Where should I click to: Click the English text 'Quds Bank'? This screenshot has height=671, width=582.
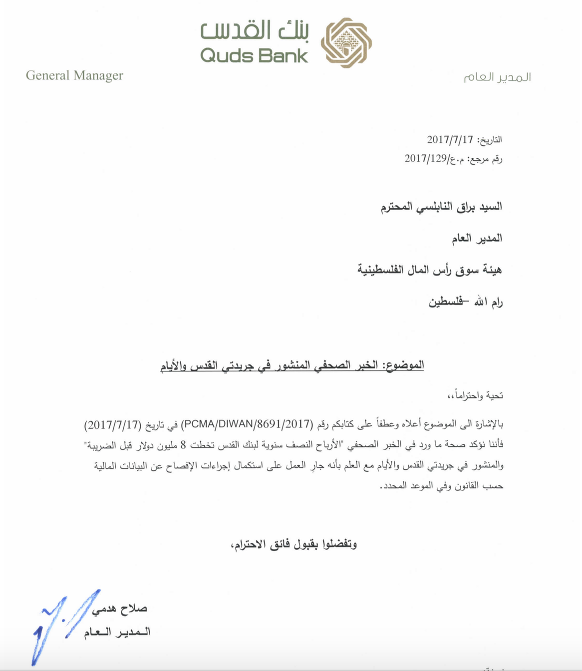(254, 55)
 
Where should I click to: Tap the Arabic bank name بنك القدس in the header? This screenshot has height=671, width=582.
(255, 31)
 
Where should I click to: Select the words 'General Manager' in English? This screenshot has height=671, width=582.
(74, 75)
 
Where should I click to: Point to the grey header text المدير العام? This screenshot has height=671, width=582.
(497, 77)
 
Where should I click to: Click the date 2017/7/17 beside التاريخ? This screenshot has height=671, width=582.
(449, 139)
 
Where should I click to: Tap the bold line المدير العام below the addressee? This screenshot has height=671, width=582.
(477, 238)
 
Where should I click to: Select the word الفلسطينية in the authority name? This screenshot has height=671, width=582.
(379, 270)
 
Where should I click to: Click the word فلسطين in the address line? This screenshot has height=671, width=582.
(445, 302)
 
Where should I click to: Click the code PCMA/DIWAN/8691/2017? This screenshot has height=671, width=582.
(247, 425)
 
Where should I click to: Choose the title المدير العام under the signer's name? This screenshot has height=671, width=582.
(117, 633)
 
